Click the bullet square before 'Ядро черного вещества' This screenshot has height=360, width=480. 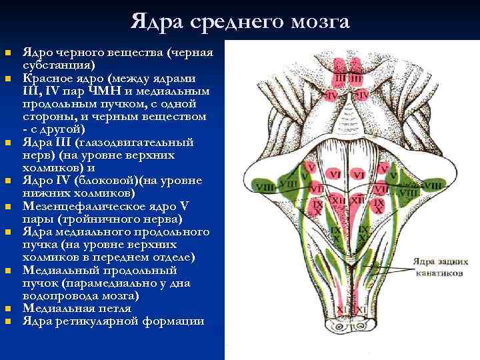tap(8, 53)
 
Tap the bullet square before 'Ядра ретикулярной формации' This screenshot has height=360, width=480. tap(8, 321)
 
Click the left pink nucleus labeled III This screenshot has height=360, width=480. tap(341, 79)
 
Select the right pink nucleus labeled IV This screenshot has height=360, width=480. tap(361, 96)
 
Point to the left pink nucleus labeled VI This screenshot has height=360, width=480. tap(335, 175)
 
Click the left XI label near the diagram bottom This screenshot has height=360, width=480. tap(341, 310)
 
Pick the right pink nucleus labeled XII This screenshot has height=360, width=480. tap(357, 199)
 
